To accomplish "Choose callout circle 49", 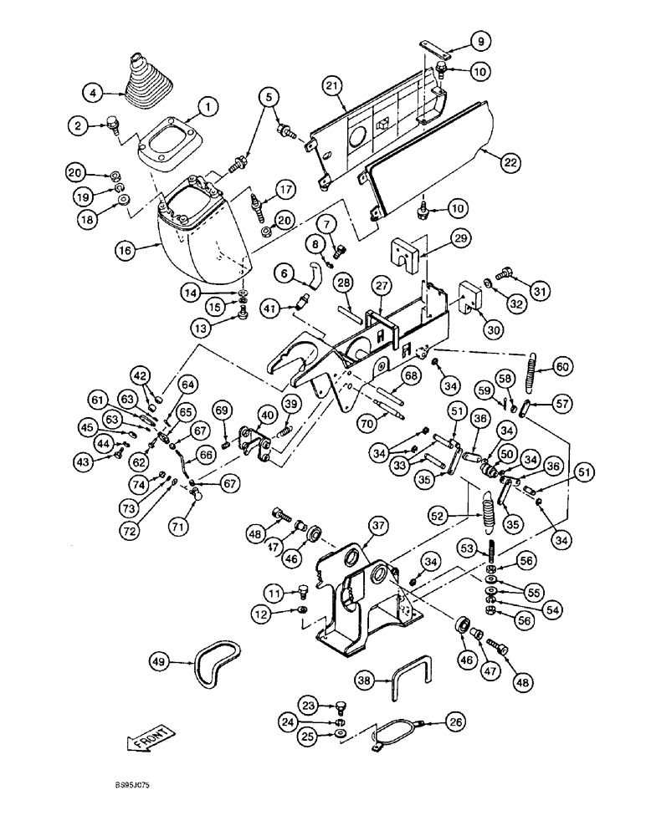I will [x=161, y=661].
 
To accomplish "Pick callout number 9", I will [x=475, y=39].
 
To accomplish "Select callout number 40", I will [x=267, y=415].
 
